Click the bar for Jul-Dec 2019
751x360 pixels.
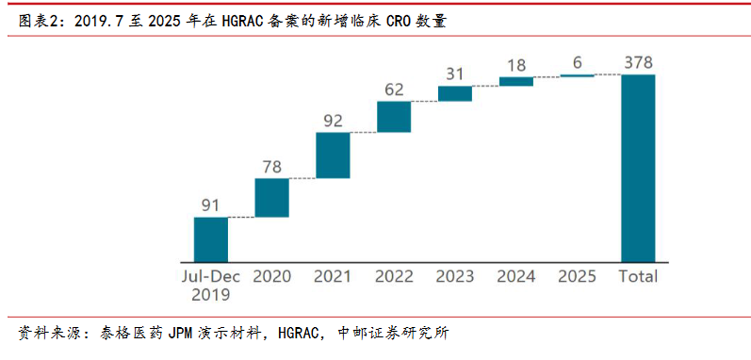click(x=211, y=239)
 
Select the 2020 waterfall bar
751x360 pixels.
click(x=272, y=198)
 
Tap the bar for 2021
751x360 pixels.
click(x=333, y=155)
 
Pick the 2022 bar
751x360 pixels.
click(x=394, y=117)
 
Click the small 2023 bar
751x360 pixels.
click(x=455, y=94)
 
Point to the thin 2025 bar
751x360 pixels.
click(x=577, y=75)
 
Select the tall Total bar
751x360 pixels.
click(x=638, y=168)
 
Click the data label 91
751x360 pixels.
click(x=210, y=205)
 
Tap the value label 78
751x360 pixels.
click(x=271, y=167)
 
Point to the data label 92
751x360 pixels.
click(x=333, y=121)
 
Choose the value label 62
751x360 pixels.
click(x=394, y=90)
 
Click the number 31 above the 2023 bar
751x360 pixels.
click(x=454, y=74)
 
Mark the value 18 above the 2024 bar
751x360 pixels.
click(x=515, y=65)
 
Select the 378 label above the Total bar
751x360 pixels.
click(x=638, y=63)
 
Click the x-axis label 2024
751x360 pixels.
click(x=515, y=277)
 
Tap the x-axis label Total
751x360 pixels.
click(x=638, y=277)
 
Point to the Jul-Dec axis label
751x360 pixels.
click(x=211, y=277)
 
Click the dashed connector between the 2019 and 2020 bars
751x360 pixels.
click(x=241, y=218)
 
